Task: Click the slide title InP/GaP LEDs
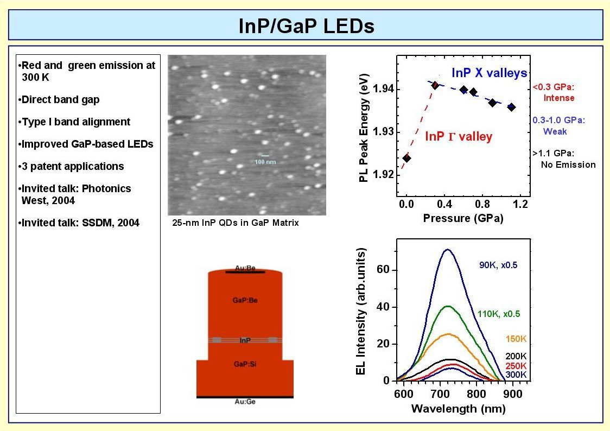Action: point(307,26)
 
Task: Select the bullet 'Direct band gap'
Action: point(61,100)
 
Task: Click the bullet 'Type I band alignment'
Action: point(76,122)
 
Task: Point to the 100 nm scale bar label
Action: point(265,162)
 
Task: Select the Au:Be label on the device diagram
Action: point(245,268)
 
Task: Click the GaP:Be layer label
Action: point(245,299)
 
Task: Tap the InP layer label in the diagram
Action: point(245,340)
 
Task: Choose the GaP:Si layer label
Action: point(245,365)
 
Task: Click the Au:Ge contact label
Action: point(245,402)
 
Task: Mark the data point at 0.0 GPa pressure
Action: point(406,158)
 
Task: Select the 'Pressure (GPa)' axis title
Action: point(463,219)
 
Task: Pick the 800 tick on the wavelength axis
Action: point(476,394)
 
